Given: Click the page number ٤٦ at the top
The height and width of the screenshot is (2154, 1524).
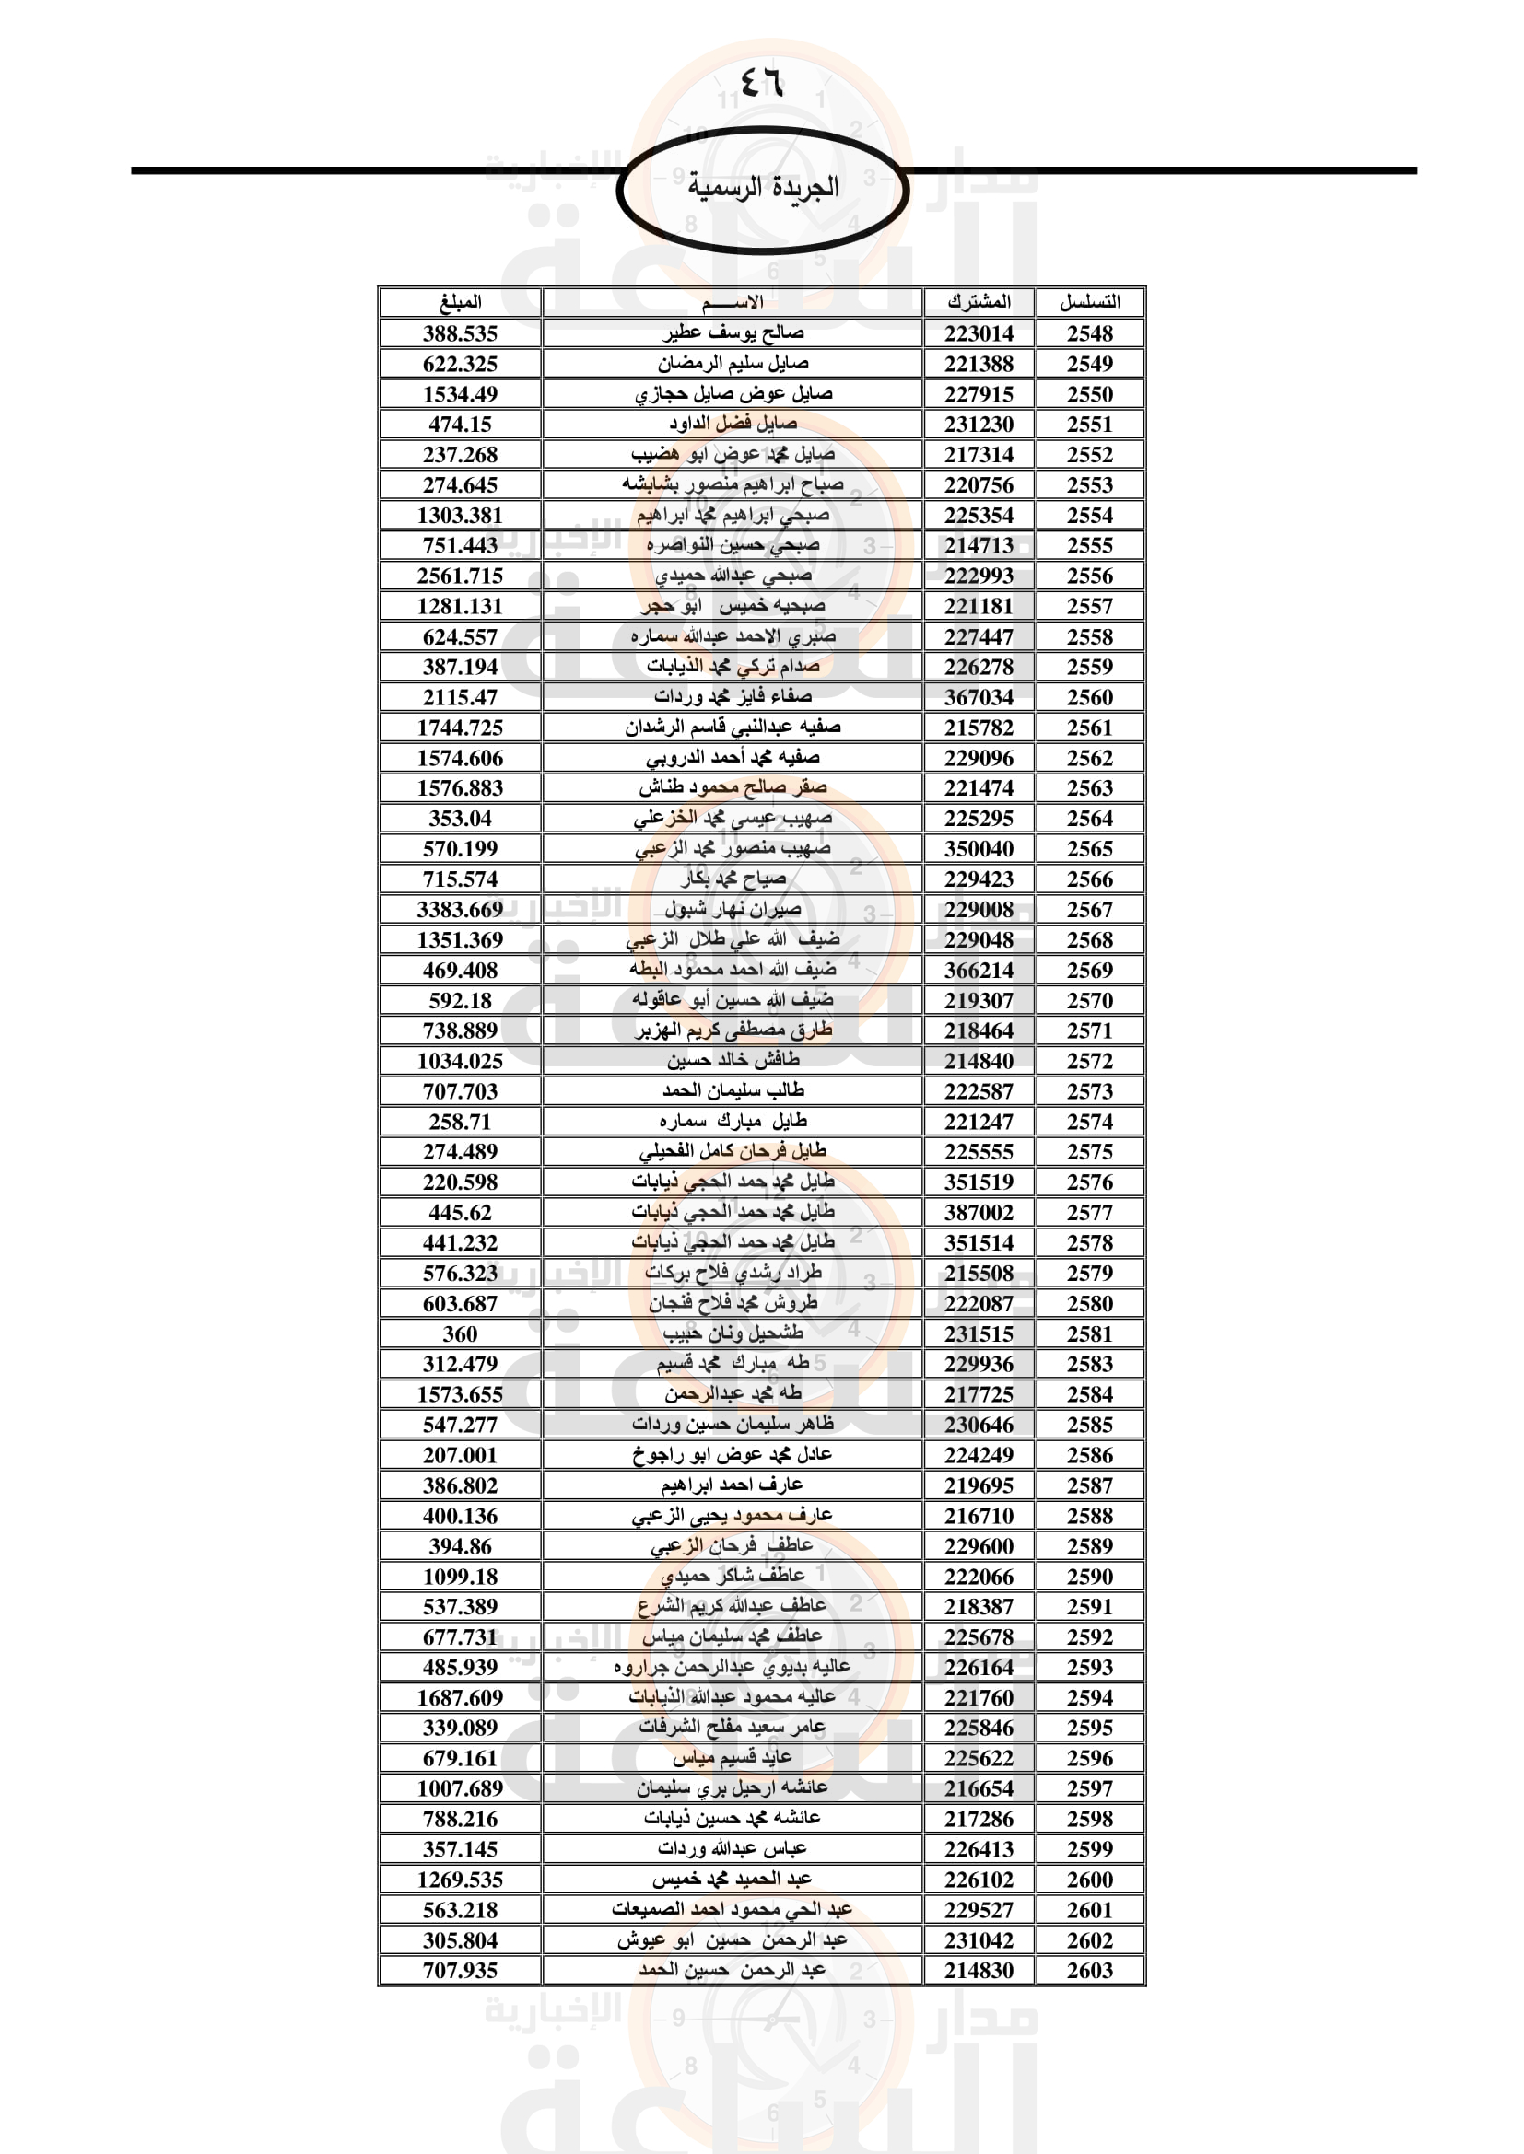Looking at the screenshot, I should click(761, 83).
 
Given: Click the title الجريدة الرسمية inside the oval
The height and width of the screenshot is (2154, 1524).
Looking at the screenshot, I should click(762, 188).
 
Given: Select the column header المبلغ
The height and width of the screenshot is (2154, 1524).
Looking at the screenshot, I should click(460, 302).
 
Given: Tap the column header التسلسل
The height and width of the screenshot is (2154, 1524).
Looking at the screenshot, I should click(1089, 302).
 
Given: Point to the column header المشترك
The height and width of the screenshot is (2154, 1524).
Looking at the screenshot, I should click(979, 302).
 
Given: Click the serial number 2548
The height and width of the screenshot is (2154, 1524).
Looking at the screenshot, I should click(1089, 334).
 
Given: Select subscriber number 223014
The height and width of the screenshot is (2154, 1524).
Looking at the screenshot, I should click(979, 334).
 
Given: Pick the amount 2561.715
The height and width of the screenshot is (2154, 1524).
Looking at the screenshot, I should click(460, 576).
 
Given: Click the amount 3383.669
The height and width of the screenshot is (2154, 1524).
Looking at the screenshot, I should click(460, 910).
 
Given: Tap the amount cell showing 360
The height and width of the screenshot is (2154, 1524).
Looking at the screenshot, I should click(460, 1334).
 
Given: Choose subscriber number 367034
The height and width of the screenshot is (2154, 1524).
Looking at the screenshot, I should click(979, 697).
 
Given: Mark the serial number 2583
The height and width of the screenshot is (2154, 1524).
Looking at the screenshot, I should click(1089, 1364).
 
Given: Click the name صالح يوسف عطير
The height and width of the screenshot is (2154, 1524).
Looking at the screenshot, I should click(733, 333).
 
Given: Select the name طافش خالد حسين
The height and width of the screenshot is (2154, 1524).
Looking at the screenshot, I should click(733, 1060).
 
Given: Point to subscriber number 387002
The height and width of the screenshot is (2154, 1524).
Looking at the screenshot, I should click(979, 1213).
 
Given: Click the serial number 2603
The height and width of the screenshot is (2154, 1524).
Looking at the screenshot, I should click(1089, 1971).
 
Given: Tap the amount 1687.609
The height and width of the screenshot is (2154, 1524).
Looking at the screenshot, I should click(460, 1698).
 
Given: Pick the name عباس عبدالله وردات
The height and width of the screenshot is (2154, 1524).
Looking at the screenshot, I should click(733, 1849).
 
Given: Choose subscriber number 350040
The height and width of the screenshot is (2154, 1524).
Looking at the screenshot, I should click(979, 849).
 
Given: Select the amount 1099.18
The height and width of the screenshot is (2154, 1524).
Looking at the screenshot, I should click(460, 1577).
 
